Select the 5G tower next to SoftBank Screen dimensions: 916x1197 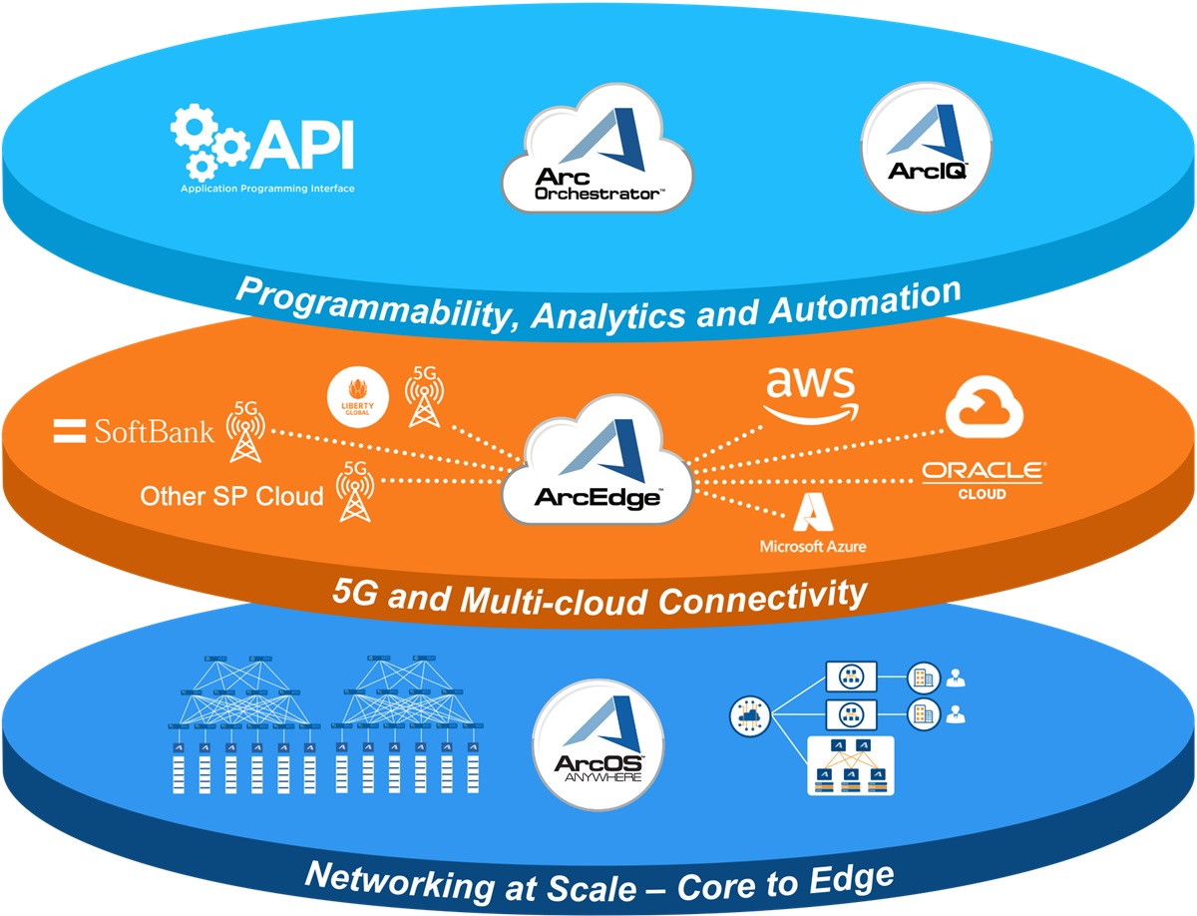(x=244, y=431)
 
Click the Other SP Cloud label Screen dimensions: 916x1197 (x=231, y=496)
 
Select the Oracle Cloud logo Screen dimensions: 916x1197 (x=983, y=478)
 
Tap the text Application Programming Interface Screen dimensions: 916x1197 (x=267, y=189)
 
